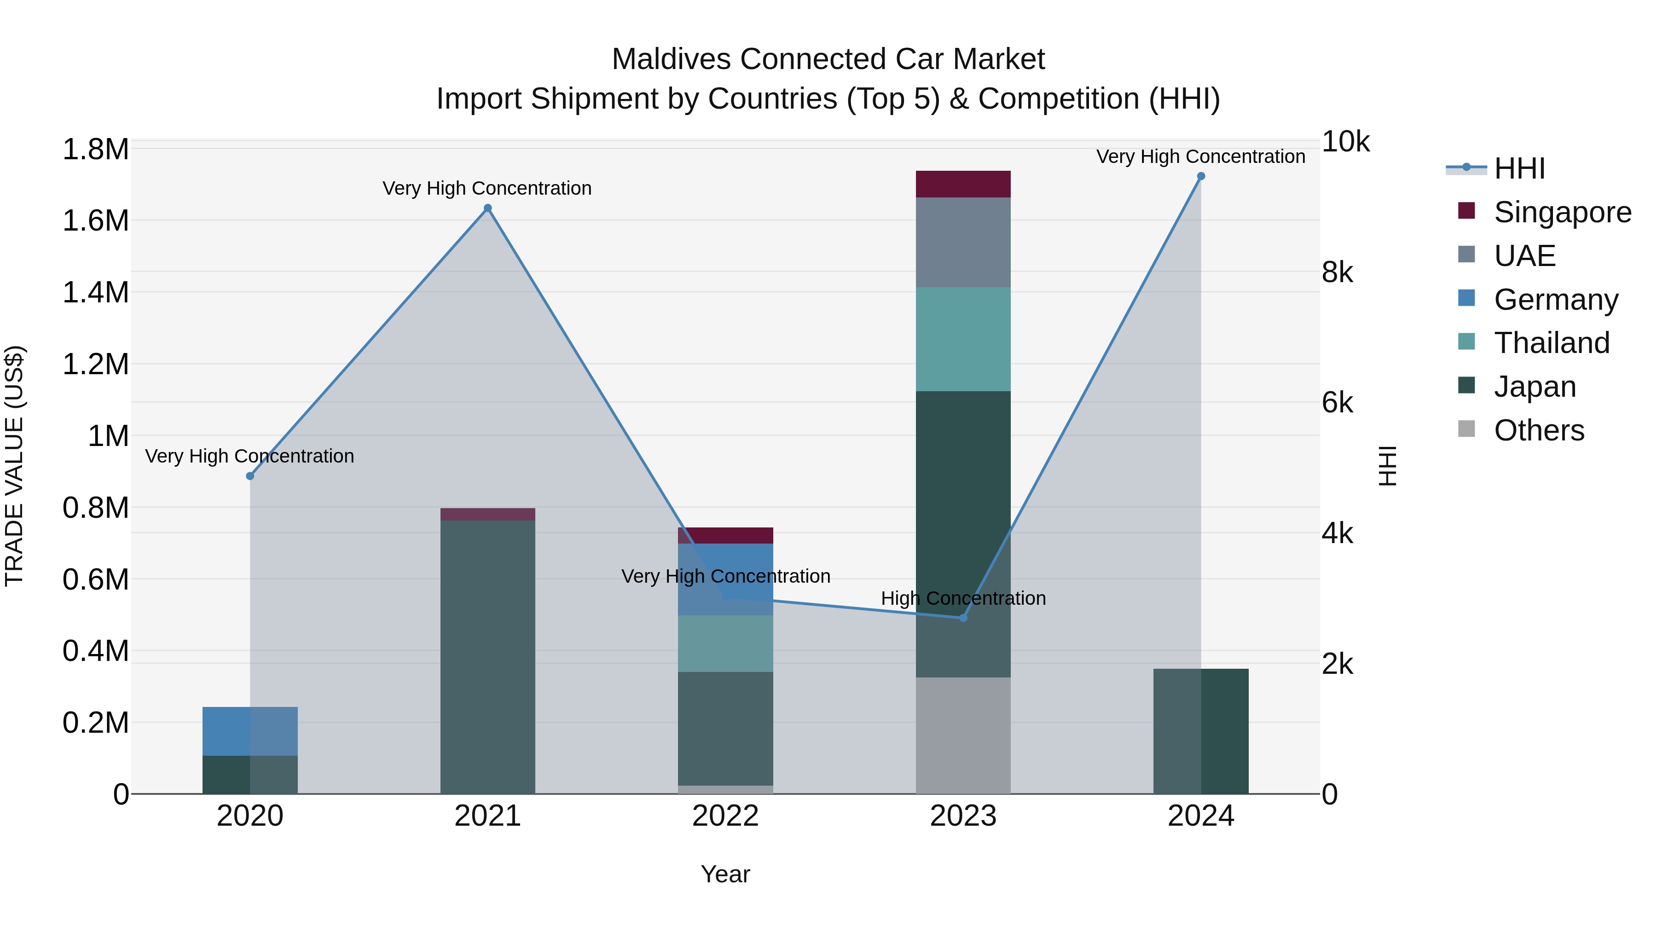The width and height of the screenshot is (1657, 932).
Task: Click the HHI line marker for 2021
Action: point(487,208)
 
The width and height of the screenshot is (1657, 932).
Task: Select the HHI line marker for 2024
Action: point(1200,176)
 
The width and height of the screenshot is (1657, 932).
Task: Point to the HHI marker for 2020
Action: point(250,476)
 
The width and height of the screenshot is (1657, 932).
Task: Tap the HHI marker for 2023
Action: point(963,618)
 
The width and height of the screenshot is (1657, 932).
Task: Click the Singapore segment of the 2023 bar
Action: point(963,184)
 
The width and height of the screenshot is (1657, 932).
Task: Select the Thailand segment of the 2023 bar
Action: point(963,339)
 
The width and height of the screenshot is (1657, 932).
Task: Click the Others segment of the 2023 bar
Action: point(963,735)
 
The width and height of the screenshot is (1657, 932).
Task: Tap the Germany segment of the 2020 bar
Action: point(250,731)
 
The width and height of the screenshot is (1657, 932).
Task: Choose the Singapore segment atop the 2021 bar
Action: point(487,514)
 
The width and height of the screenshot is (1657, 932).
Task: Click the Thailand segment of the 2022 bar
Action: point(725,643)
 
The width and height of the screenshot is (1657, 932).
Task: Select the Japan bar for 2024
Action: point(1200,731)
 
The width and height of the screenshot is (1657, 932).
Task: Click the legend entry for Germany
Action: point(1555,300)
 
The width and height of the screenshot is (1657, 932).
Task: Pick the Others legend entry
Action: point(1539,430)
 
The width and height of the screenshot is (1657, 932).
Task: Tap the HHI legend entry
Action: point(1519,168)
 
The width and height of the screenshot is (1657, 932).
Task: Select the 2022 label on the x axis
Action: point(725,816)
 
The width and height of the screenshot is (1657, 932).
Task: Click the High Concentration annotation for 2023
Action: point(963,598)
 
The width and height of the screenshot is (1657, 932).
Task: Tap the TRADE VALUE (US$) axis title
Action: point(14,466)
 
